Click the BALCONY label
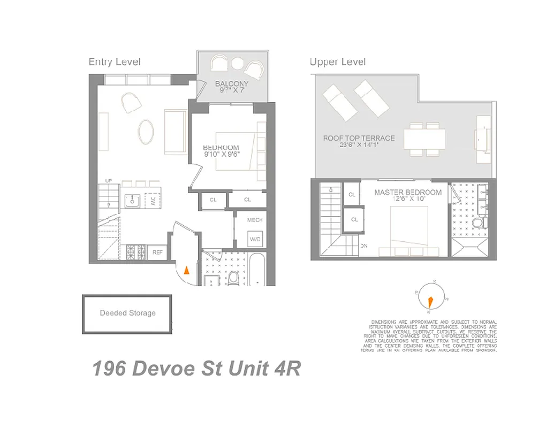point(232,84)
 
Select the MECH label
point(255,220)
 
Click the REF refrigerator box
point(158,252)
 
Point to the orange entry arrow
point(186,270)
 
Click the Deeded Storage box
point(127,314)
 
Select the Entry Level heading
point(115,62)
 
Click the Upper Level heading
point(338,62)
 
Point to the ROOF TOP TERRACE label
point(359,138)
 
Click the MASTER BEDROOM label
point(408,192)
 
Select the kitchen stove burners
point(135,251)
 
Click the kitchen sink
point(132,200)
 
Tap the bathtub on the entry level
point(257,270)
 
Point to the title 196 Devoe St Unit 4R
point(196,369)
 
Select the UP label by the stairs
point(109,181)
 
